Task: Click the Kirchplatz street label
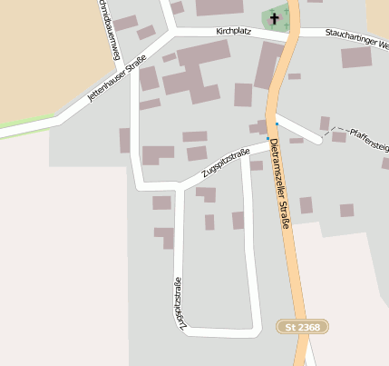tap(234, 31)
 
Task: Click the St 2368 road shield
tap(303, 326)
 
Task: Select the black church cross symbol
tap(275, 18)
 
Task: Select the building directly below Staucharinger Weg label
tap(355, 57)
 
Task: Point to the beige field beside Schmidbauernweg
tap(45, 54)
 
